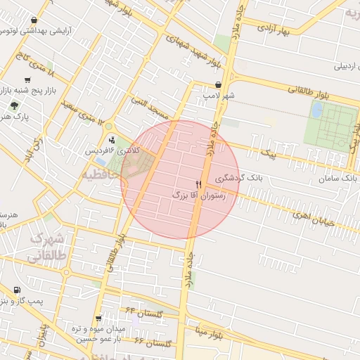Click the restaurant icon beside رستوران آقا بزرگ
click(199, 185)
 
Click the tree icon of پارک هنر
click(13, 105)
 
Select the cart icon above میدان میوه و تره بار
click(98, 318)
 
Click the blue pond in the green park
click(317, 110)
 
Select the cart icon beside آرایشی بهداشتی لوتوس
click(35, 20)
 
